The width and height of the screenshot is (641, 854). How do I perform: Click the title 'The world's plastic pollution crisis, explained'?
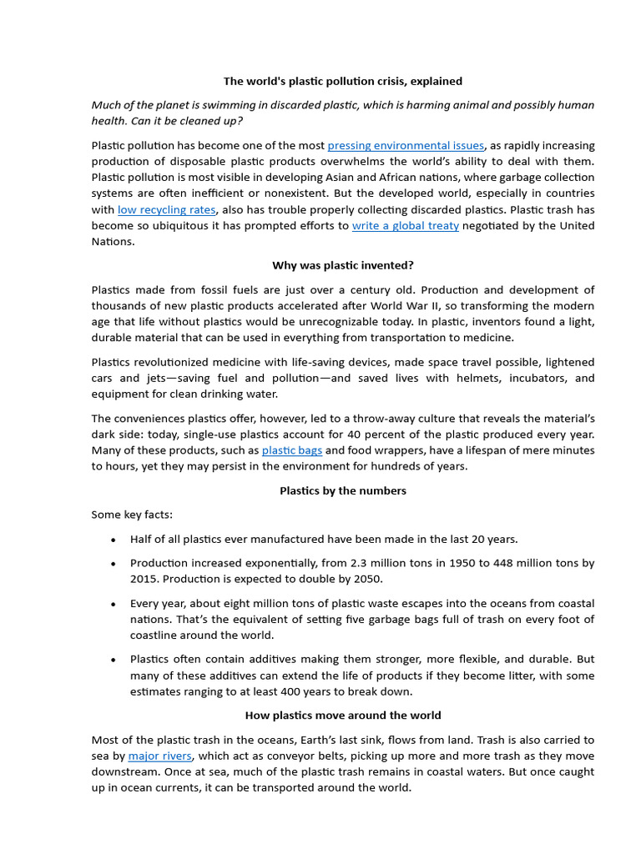342,81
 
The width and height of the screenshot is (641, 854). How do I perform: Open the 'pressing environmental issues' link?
406,146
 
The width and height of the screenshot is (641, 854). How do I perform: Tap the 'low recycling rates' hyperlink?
166,210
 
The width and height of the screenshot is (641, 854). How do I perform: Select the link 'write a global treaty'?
406,226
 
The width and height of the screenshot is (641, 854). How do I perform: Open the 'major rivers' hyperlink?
159,756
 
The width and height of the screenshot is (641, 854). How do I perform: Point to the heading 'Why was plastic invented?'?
342,266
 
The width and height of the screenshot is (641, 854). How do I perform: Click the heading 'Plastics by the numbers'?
342,490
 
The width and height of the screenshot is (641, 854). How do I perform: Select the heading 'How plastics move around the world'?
342,716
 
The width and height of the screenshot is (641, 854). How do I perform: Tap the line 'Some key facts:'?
132,515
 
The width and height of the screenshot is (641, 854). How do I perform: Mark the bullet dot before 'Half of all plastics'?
113,540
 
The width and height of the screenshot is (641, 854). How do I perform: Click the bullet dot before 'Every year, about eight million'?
113,604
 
